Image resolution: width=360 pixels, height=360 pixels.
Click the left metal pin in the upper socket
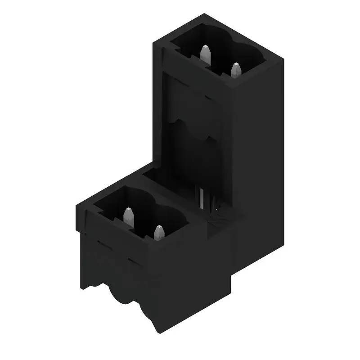[x=205, y=54]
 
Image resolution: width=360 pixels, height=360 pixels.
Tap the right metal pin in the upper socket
[x=235, y=70]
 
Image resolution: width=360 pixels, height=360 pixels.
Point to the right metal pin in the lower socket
[x=158, y=232]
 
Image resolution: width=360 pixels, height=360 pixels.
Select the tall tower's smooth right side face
[x=259, y=157]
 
